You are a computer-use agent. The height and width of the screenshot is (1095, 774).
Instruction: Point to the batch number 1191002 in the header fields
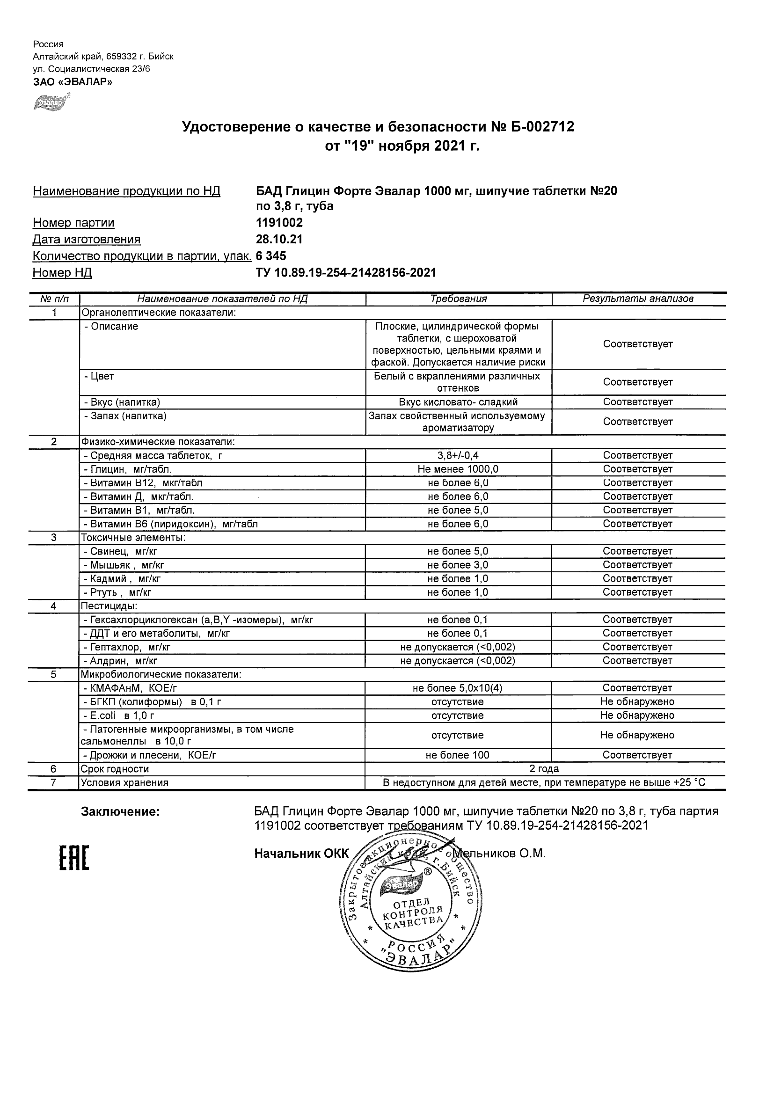(x=279, y=223)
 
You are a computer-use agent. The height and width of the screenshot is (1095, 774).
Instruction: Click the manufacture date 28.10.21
(x=279, y=240)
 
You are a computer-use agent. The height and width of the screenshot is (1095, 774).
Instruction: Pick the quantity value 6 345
(x=271, y=256)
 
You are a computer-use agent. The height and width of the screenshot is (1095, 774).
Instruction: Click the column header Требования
(x=458, y=299)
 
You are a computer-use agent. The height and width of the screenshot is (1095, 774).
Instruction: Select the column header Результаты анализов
(x=638, y=299)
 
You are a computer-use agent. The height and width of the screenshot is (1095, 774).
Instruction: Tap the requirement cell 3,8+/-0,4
(x=458, y=455)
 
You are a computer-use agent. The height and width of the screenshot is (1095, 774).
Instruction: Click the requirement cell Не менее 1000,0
(x=458, y=469)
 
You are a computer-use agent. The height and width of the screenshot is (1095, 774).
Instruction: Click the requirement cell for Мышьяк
(x=458, y=565)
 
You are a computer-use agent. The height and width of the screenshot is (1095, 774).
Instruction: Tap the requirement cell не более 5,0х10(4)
(x=458, y=688)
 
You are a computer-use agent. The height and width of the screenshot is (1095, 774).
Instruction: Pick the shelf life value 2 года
(x=544, y=769)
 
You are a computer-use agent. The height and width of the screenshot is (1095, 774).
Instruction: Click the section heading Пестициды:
(x=109, y=606)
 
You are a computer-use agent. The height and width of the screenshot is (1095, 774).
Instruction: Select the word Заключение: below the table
(x=120, y=812)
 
